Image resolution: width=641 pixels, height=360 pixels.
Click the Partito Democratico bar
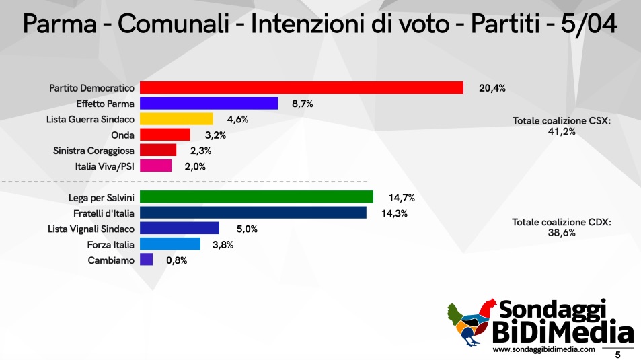pyautogui.click(x=301, y=87)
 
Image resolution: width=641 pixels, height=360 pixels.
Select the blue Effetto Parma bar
pyautogui.click(x=209, y=103)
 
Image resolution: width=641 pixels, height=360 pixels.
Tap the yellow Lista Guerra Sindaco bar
pyautogui.click(x=176, y=119)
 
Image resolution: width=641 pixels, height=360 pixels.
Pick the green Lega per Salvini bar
pyautogui.click(x=256, y=197)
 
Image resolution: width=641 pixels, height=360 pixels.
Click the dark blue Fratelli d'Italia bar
pyautogui.click(x=253, y=213)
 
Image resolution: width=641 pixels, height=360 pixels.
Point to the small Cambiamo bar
pyautogui.click(x=146, y=260)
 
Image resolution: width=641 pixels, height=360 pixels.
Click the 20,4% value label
pyautogui.click(x=492, y=87)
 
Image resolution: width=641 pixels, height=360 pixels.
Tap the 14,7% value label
pyautogui.click(x=402, y=197)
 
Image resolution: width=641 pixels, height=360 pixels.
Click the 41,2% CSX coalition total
pyautogui.click(x=562, y=132)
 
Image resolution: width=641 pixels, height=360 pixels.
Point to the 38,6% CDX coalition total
pyautogui.click(x=562, y=233)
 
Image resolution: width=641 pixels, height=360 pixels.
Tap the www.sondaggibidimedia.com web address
pyautogui.click(x=544, y=350)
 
